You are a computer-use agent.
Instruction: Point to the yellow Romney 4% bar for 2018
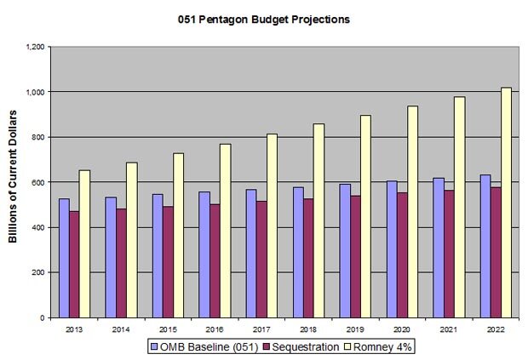click(x=318, y=220)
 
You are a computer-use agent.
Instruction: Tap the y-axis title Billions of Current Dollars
click(x=14, y=181)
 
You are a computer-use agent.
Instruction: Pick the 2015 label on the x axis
click(x=167, y=328)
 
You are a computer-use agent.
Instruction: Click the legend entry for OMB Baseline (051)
click(x=195, y=346)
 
